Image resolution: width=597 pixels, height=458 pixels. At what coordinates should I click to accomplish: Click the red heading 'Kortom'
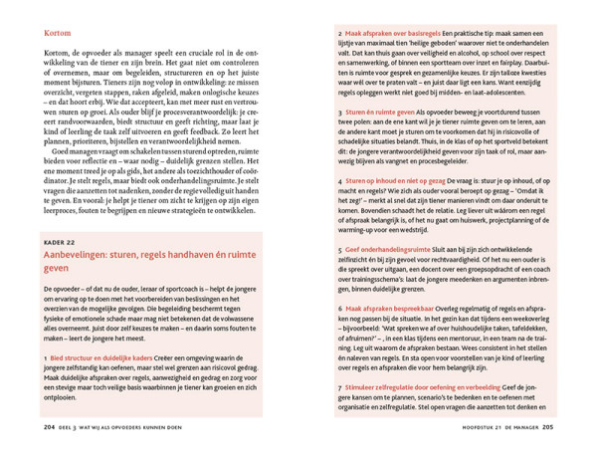tap(58, 33)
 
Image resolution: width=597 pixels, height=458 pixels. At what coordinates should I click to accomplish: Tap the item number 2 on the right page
tap(339, 33)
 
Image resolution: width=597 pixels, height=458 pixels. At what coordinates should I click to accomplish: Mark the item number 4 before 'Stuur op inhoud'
tap(339, 180)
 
